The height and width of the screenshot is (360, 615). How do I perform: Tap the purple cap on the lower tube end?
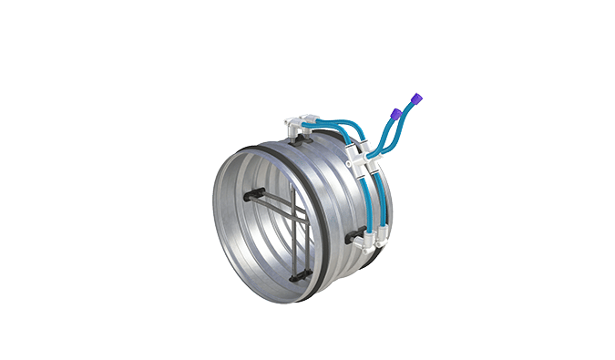click(396, 112)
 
